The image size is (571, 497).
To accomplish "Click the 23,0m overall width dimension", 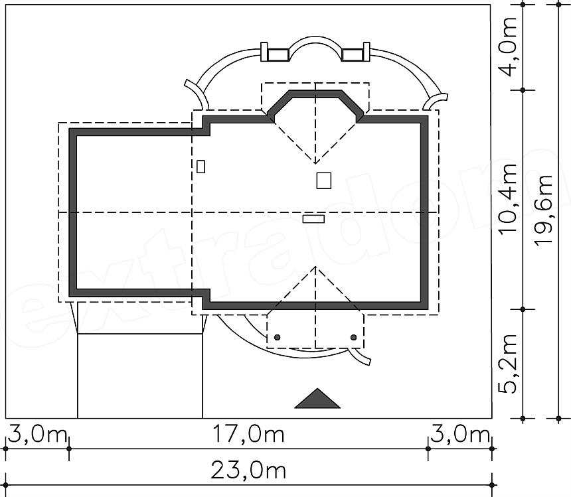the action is click(x=248, y=471).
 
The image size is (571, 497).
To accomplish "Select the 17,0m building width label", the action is click(x=248, y=434).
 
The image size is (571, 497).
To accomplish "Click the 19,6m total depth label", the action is click(x=543, y=210).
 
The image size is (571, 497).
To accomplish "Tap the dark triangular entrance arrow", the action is click(x=317, y=398).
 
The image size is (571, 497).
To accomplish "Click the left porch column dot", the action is click(x=277, y=337).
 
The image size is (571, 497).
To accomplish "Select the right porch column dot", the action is click(x=353, y=337).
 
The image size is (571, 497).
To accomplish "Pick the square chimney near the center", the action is click(x=324, y=180).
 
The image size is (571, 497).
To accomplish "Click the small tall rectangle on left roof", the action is click(x=201, y=167).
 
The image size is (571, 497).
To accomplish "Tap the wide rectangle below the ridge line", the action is click(x=313, y=219).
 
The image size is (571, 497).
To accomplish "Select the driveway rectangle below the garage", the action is click(x=140, y=376).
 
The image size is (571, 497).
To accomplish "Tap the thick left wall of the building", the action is click(x=73, y=212).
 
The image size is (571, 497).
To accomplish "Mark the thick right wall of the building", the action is click(x=424, y=212).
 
